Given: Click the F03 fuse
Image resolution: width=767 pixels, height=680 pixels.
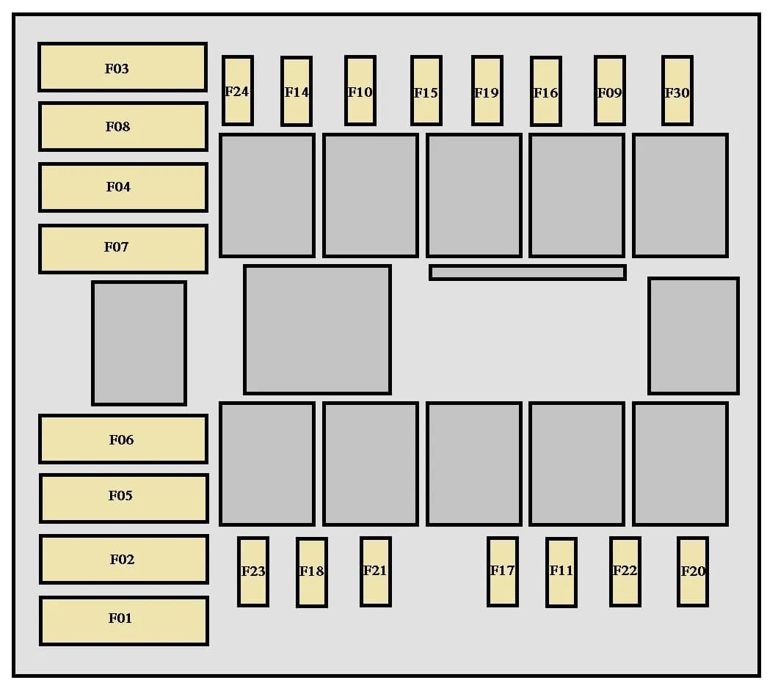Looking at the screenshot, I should tap(123, 67).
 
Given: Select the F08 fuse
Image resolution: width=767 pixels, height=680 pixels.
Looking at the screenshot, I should tap(123, 126).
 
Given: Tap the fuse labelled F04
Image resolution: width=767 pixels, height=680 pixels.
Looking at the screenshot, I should tap(123, 187).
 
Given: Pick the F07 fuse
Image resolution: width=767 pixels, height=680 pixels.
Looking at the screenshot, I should tap(123, 249).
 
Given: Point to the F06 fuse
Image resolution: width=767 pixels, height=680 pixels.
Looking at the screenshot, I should tap(123, 439).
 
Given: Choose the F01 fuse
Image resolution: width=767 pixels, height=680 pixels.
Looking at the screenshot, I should tap(123, 621).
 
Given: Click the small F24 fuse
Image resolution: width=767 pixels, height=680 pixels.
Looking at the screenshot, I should tap(237, 90).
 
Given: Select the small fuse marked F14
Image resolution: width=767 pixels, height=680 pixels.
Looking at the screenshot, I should tap(296, 91).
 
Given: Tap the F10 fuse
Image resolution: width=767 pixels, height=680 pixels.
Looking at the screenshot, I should tap(360, 90).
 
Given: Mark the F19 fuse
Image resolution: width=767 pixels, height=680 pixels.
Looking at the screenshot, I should tap(487, 90).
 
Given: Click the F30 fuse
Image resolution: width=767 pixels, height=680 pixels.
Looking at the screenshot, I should tap(677, 90).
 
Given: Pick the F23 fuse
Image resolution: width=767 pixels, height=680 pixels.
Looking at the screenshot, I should tap(252, 571).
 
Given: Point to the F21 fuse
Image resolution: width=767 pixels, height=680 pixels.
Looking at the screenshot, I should tap(375, 571).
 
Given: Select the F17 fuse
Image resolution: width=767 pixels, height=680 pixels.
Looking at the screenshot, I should tap(502, 571).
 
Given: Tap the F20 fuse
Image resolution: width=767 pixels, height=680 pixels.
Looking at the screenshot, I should tap(692, 571).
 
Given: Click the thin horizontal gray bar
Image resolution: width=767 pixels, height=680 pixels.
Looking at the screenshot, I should tap(527, 272).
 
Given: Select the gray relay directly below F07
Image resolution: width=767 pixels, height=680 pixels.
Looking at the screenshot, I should tap(139, 343).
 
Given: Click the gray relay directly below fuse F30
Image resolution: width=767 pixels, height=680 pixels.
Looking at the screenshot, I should tap(680, 195).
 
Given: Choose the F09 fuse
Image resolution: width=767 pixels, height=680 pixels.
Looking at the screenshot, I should tap(609, 90).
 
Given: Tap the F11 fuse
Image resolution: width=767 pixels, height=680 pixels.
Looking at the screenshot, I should tap(561, 572).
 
